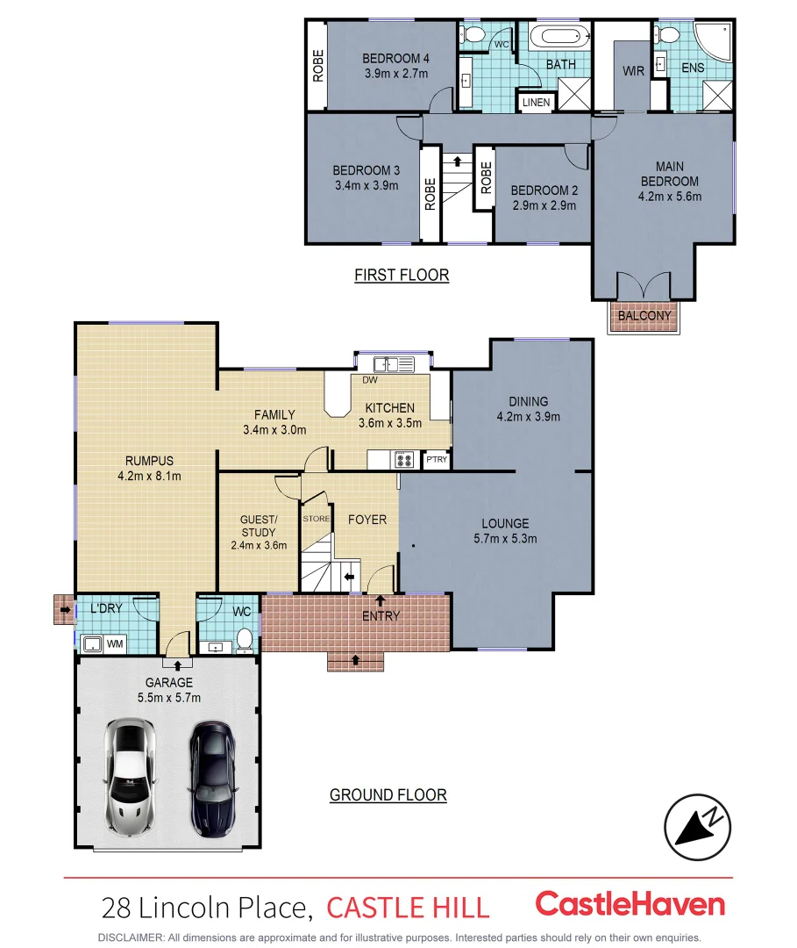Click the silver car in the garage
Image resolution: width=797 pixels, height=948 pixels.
129,777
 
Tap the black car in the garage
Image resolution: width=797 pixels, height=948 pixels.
211,777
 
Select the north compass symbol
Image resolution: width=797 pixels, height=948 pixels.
698,826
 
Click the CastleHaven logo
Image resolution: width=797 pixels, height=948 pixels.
630,904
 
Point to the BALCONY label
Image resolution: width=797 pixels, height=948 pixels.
644,316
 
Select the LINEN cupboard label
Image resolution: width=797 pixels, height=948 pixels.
536,103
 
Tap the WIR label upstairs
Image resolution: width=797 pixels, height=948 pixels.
633,70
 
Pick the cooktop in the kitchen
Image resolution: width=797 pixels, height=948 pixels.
404,459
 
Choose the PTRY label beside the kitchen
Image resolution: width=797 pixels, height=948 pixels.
435,459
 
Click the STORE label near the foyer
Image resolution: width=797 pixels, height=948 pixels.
316,519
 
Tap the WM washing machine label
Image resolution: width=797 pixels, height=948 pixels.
115,644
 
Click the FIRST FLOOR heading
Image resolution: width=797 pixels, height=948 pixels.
402,276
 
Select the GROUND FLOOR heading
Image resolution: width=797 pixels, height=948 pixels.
388,795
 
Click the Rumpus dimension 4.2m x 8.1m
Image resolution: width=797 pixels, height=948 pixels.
149,477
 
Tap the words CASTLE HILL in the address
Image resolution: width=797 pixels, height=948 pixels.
408,906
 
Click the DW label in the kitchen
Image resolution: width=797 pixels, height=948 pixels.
369,380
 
